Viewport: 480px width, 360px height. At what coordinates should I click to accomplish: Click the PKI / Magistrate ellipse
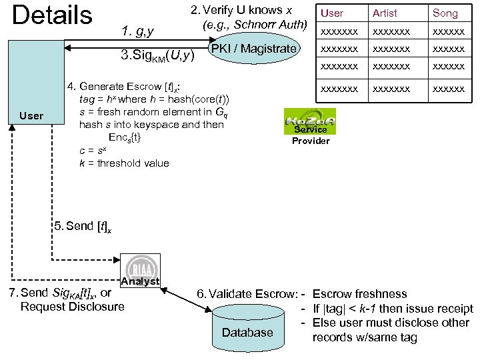(253, 49)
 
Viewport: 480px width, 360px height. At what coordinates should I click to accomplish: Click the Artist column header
(385, 13)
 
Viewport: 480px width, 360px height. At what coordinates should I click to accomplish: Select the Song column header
(445, 13)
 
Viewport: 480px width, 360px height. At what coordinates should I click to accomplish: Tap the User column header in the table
(332, 13)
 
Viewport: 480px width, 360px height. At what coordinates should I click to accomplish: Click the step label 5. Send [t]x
(83, 227)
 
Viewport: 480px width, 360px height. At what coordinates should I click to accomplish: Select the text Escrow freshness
(359, 294)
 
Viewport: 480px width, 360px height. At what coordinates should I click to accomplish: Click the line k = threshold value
(124, 163)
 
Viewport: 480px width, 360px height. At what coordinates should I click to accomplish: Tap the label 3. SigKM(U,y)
(157, 55)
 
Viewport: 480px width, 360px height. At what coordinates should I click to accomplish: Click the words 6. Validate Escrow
(246, 294)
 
